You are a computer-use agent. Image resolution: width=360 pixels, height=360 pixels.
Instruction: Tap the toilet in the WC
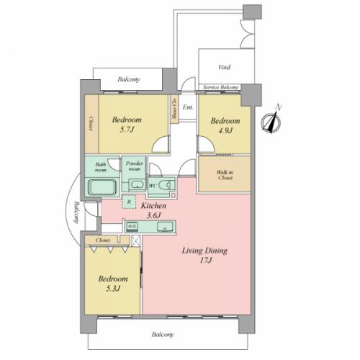click(x=167, y=185)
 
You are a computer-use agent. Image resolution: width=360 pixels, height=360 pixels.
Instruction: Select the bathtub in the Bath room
click(x=102, y=187)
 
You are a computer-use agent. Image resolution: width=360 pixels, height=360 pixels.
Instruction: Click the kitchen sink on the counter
click(x=165, y=227)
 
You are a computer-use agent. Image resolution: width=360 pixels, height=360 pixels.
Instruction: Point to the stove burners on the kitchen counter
click(x=132, y=226)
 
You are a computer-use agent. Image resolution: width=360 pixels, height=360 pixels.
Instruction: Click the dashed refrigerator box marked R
click(x=129, y=202)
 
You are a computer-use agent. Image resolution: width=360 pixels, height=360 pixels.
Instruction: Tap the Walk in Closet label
click(x=225, y=175)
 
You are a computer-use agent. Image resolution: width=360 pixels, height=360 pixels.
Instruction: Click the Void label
click(x=225, y=67)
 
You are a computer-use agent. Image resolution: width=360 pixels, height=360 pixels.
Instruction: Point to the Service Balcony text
click(x=221, y=87)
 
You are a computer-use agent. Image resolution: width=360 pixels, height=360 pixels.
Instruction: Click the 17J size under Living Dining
click(x=206, y=261)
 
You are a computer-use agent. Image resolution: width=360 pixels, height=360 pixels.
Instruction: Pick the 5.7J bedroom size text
click(x=127, y=130)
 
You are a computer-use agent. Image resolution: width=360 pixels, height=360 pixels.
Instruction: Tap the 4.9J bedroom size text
click(x=225, y=131)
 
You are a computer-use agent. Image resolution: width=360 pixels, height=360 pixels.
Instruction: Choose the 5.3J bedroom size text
click(x=113, y=289)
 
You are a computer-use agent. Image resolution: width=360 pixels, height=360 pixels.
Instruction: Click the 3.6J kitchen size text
click(x=153, y=215)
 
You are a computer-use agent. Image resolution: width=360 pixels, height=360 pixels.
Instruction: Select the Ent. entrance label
click(x=188, y=107)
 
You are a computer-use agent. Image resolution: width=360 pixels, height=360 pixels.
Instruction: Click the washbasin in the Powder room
click(x=137, y=185)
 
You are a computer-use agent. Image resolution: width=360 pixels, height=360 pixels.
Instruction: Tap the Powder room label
click(x=135, y=166)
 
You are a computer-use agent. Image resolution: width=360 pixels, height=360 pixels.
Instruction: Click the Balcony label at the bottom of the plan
click(x=163, y=335)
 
